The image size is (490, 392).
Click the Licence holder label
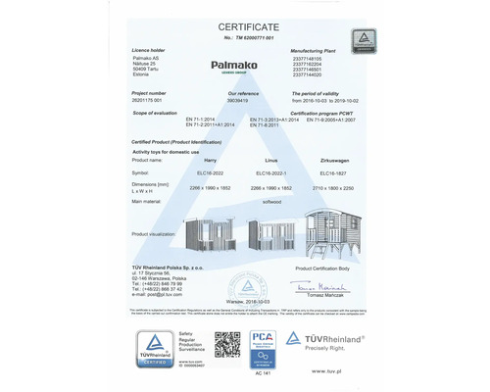[x=148, y=48]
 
